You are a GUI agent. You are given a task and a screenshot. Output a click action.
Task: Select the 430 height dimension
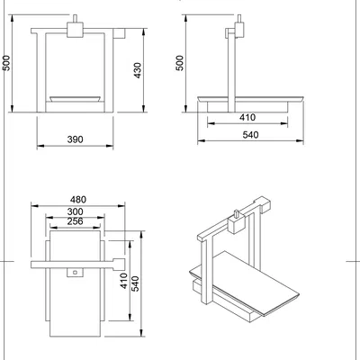point(138,69)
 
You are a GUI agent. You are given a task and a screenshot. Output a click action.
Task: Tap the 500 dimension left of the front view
point(7,63)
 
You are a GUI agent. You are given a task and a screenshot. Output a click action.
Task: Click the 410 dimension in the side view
point(247,117)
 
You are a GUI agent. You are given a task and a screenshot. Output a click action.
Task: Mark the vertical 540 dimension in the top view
point(137,284)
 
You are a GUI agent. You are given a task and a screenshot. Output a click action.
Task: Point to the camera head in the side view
point(238,29)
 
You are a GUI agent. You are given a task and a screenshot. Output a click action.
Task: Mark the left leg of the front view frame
point(38,72)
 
